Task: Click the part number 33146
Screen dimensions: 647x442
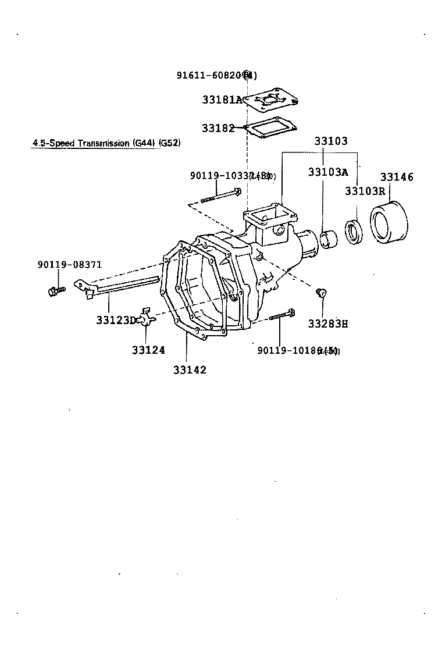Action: pyautogui.click(x=397, y=177)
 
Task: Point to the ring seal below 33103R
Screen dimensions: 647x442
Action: pyautogui.click(x=354, y=231)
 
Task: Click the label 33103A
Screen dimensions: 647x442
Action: pyautogui.click(x=327, y=172)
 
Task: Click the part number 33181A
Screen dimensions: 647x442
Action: pyautogui.click(x=222, y=99)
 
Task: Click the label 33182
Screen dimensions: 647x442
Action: pyautogui.click(x=218, y=128)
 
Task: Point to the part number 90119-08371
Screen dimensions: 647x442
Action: pyautogui.click(x=69, y=264)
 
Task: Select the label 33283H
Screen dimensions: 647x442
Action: pyautogui.click(x=327, y=323)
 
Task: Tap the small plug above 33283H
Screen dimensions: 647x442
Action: pyautogui.click(x=319, y=292)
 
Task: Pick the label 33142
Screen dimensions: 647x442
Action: pyautogui.click(x=189, y=369)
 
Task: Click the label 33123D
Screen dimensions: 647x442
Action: pyautogui.click(x=116, y=319)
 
